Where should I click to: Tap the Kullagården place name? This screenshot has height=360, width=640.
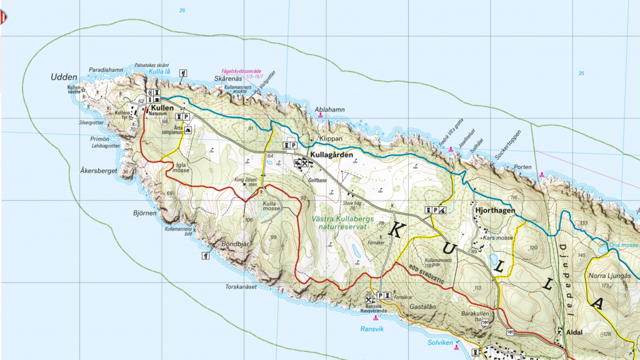pos(331,154)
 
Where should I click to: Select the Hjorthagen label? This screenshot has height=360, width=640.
pos(495,211)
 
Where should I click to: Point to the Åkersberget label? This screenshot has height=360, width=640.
pos(99,170)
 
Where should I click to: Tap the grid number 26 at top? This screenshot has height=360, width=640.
pos(182,11)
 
